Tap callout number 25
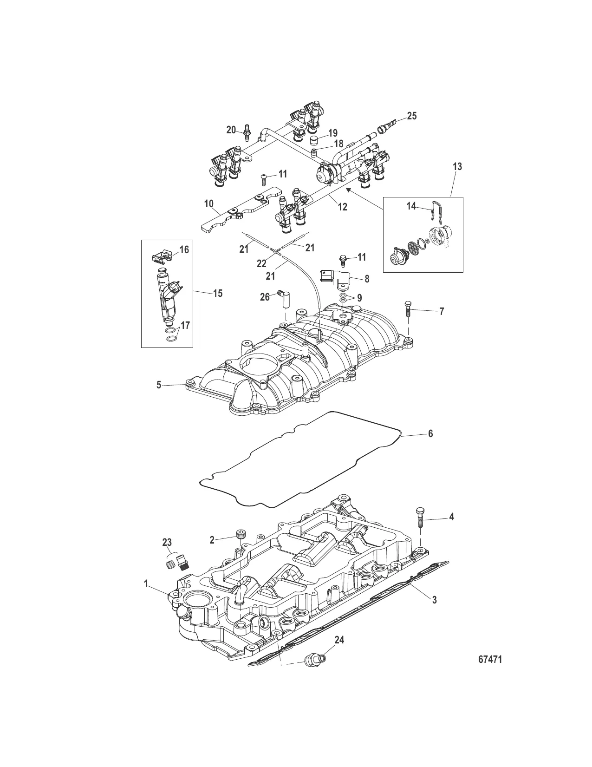pyautogui.click(x=411, y=116)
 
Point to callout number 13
pyautogui.click(x=457, y=166)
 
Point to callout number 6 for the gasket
pyautogui.click(x=430, y=433)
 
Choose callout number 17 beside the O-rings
pyautogui.click(x=185, y=325)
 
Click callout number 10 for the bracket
pyautogui.click(x=208, y=203)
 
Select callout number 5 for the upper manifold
pyautogui.click(x=158, y=385)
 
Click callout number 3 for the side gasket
pyautogui.click(x=434, y=600)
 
